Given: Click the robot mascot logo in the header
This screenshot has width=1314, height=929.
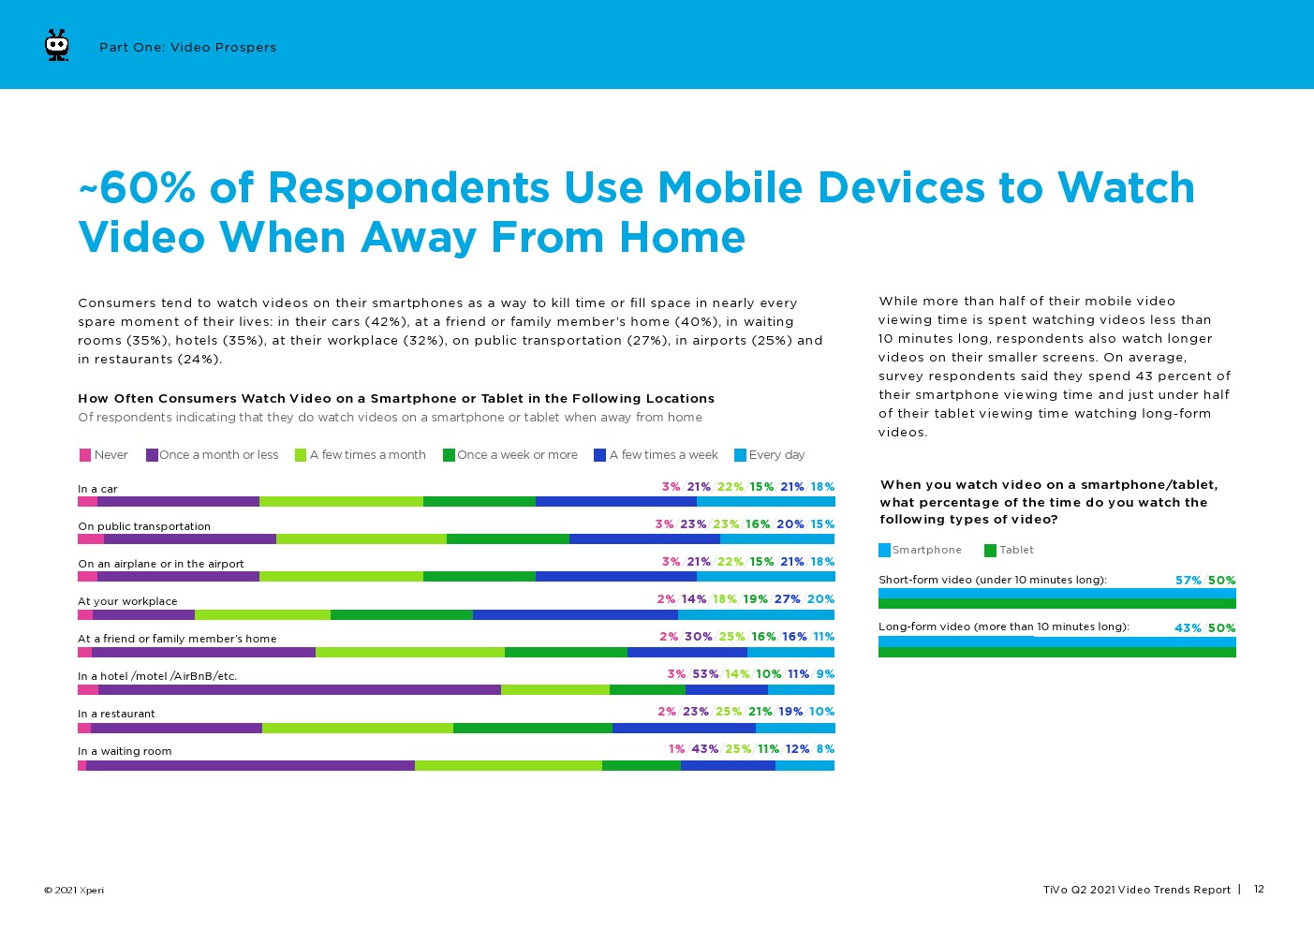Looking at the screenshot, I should point(57,46).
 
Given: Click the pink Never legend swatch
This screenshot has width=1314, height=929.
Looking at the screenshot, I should point(85,455).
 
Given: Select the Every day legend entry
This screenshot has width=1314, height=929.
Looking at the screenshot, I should point(769,455).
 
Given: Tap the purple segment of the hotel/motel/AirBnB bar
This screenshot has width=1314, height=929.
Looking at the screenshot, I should point(299,690).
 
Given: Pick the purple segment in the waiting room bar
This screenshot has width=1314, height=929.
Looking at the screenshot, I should point(250,765).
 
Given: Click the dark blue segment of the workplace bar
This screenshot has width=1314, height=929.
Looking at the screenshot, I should point(575,615).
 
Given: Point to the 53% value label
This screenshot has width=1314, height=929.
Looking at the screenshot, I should point(704,674).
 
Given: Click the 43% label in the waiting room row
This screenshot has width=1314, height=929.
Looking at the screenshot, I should point(704,749).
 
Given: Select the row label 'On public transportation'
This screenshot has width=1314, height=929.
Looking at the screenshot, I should point(144,526).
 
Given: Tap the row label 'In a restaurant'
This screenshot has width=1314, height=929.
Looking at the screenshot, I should point(116,714).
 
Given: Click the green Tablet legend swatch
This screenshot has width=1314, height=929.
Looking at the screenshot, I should point(991,551).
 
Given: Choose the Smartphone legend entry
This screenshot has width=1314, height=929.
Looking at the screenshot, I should point(920,551).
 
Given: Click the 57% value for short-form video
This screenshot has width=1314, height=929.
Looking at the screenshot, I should point(1188,581).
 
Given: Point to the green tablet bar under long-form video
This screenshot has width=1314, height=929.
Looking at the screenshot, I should point(1056,652).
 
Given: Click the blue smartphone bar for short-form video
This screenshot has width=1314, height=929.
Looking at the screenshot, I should point(1056,593).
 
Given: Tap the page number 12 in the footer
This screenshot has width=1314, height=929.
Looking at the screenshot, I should point(1259,889).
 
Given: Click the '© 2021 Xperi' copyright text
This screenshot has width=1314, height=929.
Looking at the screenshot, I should point(73,890).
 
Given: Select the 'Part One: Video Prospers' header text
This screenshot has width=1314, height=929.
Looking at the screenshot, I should point(187,48).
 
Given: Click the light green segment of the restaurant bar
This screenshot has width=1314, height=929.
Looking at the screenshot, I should point(358,728).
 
